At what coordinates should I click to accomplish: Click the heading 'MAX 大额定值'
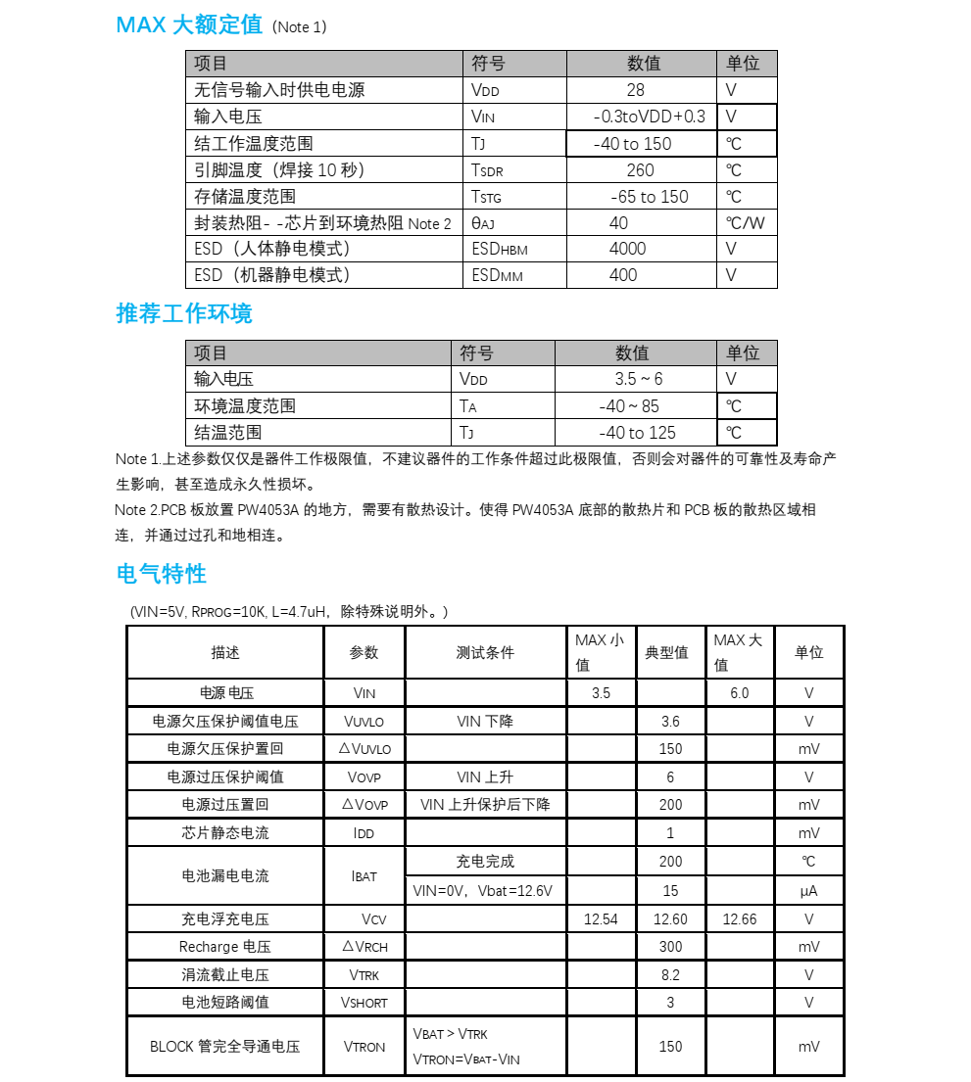tap(189, 25)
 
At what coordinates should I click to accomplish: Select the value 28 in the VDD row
tap(635, 90)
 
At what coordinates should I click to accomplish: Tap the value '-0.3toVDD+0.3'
tap(649, 117)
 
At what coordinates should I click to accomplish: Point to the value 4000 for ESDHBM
tap(627, 249)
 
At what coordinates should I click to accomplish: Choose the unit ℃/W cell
tap(745, 223)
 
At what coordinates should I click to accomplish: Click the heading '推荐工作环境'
tap(184, 313)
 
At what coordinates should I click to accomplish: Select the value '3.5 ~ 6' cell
tap(639, 379)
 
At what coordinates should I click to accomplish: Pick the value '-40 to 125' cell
tap(637, 433)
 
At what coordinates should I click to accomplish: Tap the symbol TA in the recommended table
tap(467, 406)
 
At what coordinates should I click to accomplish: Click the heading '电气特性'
tap(162, 573)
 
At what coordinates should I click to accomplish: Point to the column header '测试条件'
tap(485, 652)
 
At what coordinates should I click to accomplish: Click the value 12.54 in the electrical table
tap(601, 919)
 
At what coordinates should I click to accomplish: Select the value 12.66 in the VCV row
tap(739, 919)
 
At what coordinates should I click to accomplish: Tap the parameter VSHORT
tap(364, 1003)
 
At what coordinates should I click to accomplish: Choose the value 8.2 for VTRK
tap(670, 975)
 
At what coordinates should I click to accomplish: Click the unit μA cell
tap(808, 891)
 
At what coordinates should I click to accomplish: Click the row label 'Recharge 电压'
tap(224, 947)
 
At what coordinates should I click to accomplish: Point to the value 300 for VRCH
tap(670, 947)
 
